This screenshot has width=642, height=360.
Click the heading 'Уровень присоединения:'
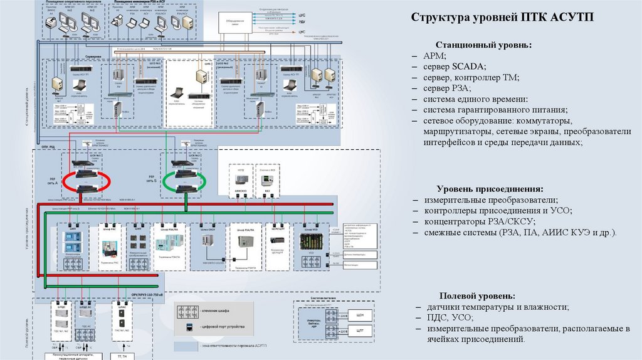tap(490, 189)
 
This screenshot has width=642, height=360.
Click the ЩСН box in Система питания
tap(360, 315)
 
